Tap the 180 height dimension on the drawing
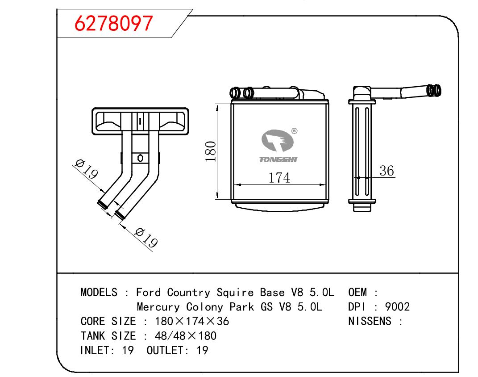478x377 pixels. pos(210,151)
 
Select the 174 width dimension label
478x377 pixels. pos(279,178)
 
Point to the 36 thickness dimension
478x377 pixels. pos(387,171)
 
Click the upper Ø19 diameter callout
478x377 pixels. pos(87,169)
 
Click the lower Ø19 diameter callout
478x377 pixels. pos(146,237)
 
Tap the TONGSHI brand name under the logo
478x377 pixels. pos(278,159)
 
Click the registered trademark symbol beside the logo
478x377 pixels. pos(294,131)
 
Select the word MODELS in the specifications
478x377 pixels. pos(99,293)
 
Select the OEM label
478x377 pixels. pos(357,293)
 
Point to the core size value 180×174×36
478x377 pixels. pos(192,322)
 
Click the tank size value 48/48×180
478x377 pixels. pos(185,336)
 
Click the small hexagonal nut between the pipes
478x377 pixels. pos(140,158)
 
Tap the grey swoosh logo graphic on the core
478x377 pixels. pos(278,141)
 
